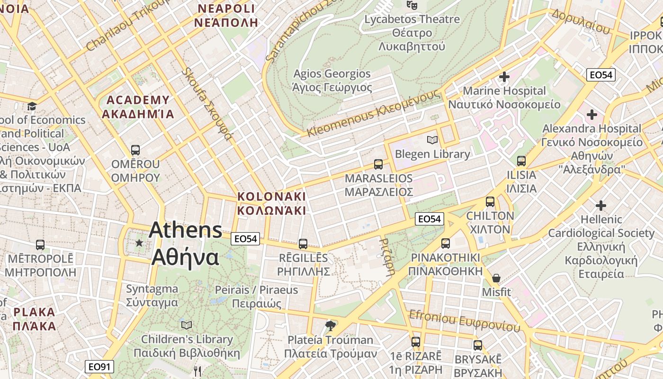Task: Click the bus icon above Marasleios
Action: click(x=378, y=164)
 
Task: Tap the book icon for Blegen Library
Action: click(x=432, y=140)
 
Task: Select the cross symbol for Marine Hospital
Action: click(x=504, y=76)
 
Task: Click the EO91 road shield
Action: click(x=99, y=366)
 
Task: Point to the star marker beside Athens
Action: click(x=139, y=243)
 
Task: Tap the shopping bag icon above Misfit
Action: click(x=496, y=278)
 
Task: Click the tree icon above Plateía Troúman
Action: click(x=330, y=325)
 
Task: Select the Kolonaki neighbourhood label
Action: click(x=271, y=203)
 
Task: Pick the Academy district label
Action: click(x=138, y=107)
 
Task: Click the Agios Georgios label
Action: click(x=332, y=81)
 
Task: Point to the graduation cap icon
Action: click(x=32, y=106)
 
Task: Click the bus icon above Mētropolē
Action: click(x=40, y=245)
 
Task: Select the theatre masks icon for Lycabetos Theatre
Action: click(x=412, y=5)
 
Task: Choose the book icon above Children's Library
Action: click(x=187, y=325)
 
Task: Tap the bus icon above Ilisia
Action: click(x=521, y=161)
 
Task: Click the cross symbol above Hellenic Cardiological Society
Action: click(x=600, y=206)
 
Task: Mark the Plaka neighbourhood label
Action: click(x=34, y=319)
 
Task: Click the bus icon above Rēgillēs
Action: click(x=303, y=244)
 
